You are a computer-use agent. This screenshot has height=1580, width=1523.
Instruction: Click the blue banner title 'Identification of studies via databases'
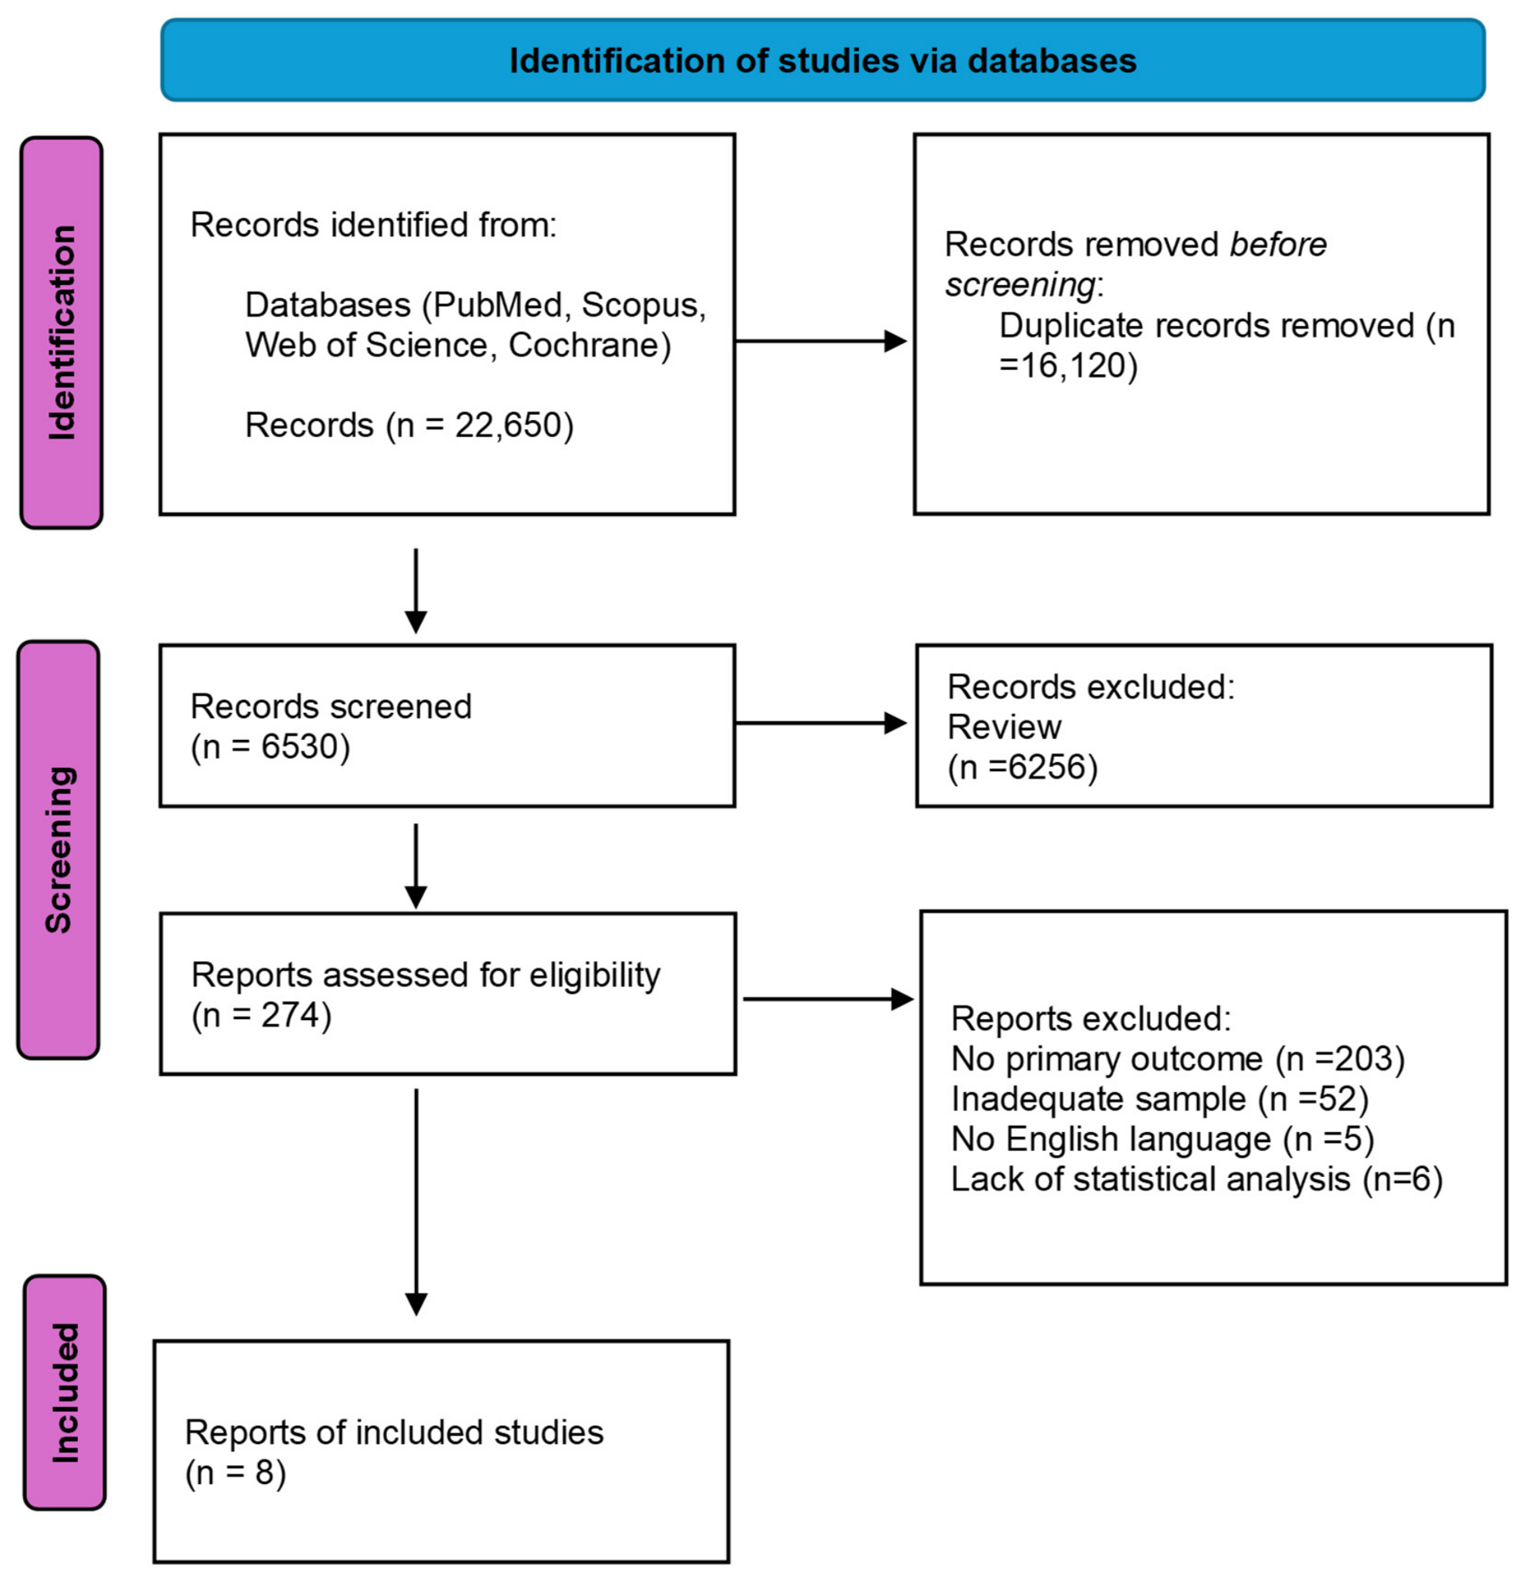(x=822, y=61)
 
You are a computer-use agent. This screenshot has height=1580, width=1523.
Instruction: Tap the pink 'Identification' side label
(x=61, y=332)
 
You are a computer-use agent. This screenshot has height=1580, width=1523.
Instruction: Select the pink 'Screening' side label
(x=58, y=849)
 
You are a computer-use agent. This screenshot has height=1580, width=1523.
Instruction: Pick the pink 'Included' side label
(x=65, y=1393)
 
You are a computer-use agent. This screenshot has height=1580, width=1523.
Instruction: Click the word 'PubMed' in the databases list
(x=497, y=305)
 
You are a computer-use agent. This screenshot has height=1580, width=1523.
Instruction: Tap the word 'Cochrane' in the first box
(x=583, y=346)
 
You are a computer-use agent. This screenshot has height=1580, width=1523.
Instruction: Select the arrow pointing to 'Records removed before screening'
(x=821, y=341)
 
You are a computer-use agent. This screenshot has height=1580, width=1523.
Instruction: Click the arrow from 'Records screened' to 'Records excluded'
(x=821, y=723)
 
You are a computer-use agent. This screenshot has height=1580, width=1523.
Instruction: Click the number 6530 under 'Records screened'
(x=299, y=747)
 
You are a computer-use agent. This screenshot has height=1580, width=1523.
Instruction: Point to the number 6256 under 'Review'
(x=1047, y=768)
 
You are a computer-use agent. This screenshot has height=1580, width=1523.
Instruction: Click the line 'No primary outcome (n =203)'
(x=1178, y=1060)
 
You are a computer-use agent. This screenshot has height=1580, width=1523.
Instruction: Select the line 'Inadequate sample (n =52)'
(x=1160, y=1100)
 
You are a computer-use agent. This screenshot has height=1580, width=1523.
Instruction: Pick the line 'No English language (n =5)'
(x=1163, y=1139)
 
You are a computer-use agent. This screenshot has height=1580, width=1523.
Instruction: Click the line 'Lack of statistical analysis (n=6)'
(x=1197, y=1180)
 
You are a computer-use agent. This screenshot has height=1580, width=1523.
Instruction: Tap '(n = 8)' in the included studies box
(x=236, y=1473)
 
